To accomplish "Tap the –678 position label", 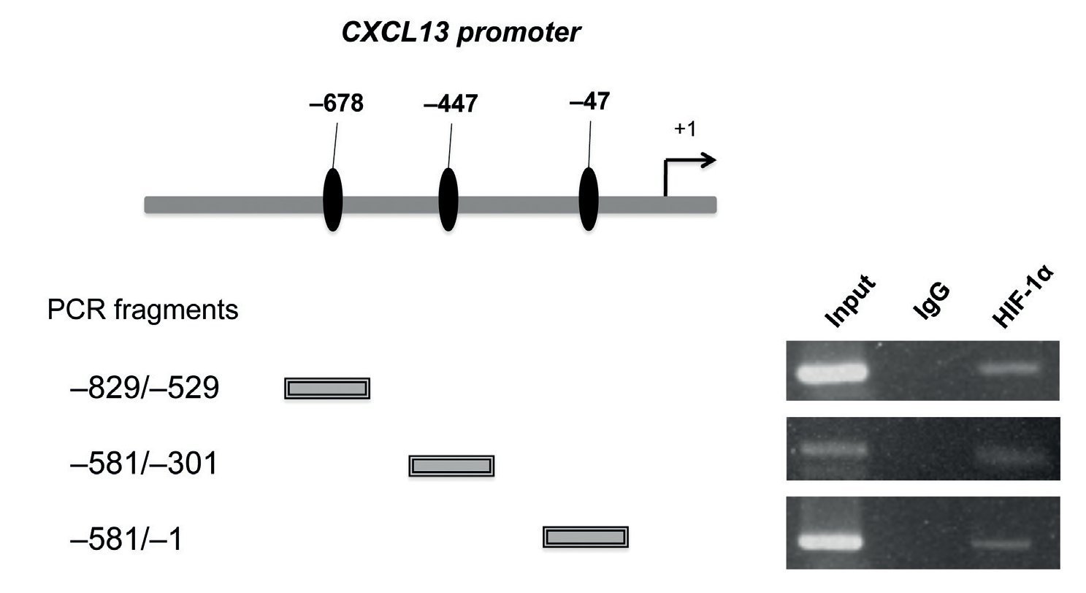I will (x=336, y=104).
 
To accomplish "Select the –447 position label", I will (x=451, y=105).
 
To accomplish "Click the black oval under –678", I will (x=332, y=199).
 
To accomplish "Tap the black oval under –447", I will (x=448, y=199).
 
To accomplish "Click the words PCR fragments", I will (x=143, y=310).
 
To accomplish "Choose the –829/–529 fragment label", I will (x=143, y=389).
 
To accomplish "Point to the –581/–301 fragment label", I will (x=143, y=464).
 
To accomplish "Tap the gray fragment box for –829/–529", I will (x=327, y=389).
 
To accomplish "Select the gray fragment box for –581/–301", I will (x=451, y=465).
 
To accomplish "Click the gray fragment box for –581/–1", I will (x=585, y=537).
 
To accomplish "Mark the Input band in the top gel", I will (x=830, y=372).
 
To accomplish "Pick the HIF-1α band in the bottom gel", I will (x=1001, y=544).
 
